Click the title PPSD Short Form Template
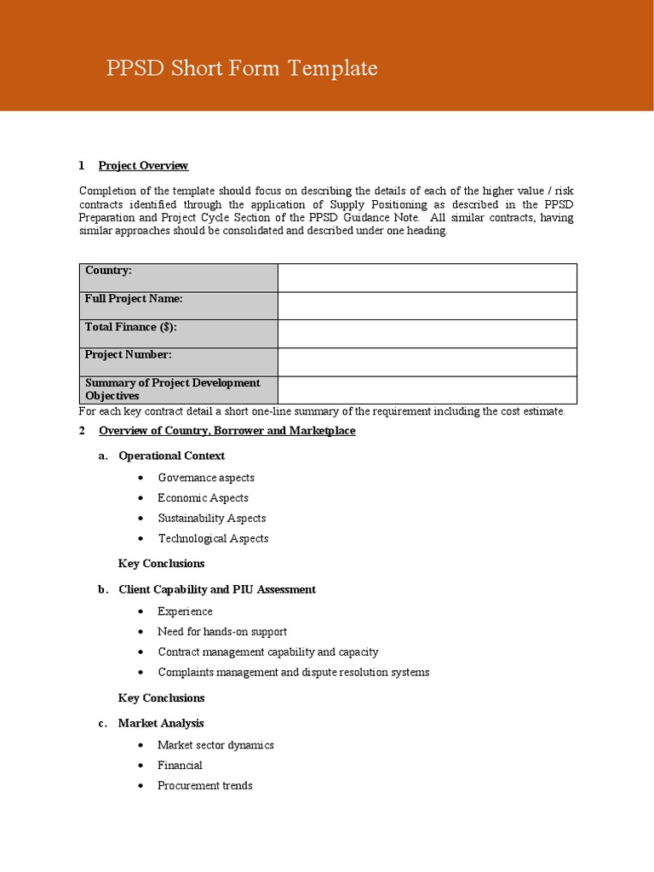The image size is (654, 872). tap(242, 69)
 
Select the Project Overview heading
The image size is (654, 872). tap(143, 165)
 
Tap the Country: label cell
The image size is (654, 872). tap(179, 277)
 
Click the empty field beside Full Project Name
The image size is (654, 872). tap(427, 306)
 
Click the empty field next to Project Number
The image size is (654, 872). tap(427, 361)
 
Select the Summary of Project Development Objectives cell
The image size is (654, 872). tap(179, 389)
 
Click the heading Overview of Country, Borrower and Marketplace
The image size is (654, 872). tap(227, 431)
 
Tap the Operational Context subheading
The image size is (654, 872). tap(171, 456)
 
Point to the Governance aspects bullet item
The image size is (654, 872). tap(205, 478)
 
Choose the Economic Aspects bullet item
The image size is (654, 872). tap(203, 498)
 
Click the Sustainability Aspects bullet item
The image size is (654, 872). tap(211, 519)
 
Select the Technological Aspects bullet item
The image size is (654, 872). tap(213, 539)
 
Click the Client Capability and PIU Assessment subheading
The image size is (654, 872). tap(216, 589)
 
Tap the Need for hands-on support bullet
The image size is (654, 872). tap(221, 632)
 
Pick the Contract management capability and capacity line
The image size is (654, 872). tap(267, 652)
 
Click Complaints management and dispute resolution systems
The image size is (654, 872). tap(293, 673)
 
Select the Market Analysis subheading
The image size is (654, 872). tap(161, 723)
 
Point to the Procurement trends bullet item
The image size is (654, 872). tap(204, 786)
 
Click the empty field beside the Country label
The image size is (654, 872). tap(427, 278)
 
